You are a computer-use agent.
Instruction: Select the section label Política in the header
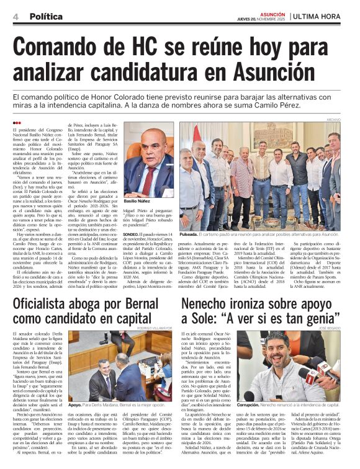[x=46, y=16]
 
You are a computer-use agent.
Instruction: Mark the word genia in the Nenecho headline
[x=320, y=319]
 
